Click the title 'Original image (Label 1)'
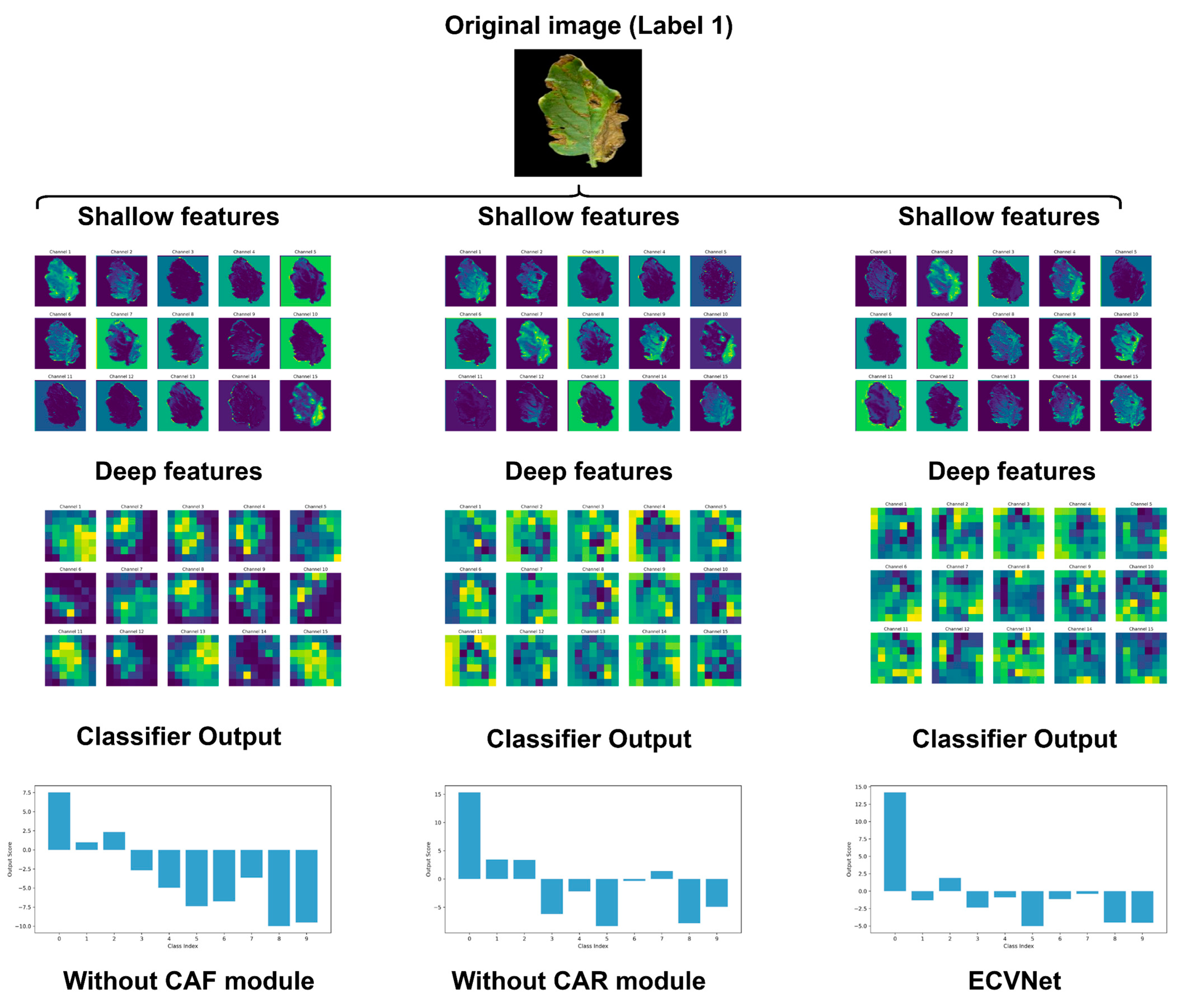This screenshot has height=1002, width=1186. pos(589,26)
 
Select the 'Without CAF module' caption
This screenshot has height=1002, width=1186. pos(189,980)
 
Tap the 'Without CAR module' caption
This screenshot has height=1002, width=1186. pos(578,980)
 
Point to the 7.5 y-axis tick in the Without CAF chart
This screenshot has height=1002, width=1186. pos(26,792)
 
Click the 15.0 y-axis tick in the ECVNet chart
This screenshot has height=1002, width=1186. pos(860,787)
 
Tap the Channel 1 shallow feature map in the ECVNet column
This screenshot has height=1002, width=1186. pos(881,280)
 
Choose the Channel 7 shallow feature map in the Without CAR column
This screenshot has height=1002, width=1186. pos(532,343)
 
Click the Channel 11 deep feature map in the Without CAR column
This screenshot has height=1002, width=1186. pos(470,660)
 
